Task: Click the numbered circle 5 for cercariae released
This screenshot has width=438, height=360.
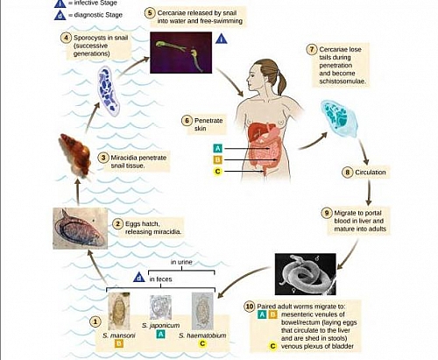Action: (x=150, y=13)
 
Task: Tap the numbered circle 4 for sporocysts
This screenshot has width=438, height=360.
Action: (x=67, y=38)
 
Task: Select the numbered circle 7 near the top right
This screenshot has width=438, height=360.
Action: (x=311, y=49)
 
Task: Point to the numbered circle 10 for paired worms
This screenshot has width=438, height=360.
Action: (x=251, y=307)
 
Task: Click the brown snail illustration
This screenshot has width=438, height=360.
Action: (x=73, y=153)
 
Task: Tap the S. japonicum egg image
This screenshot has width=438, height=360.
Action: (x=161, y=308)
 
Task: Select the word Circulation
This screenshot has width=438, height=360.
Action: (x=371, y=173)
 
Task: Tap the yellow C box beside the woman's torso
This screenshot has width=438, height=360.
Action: (x=216, y=172)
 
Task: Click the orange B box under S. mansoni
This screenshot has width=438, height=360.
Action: (x=119, y=344)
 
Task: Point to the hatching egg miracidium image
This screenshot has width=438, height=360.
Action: (x=80, y=228)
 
